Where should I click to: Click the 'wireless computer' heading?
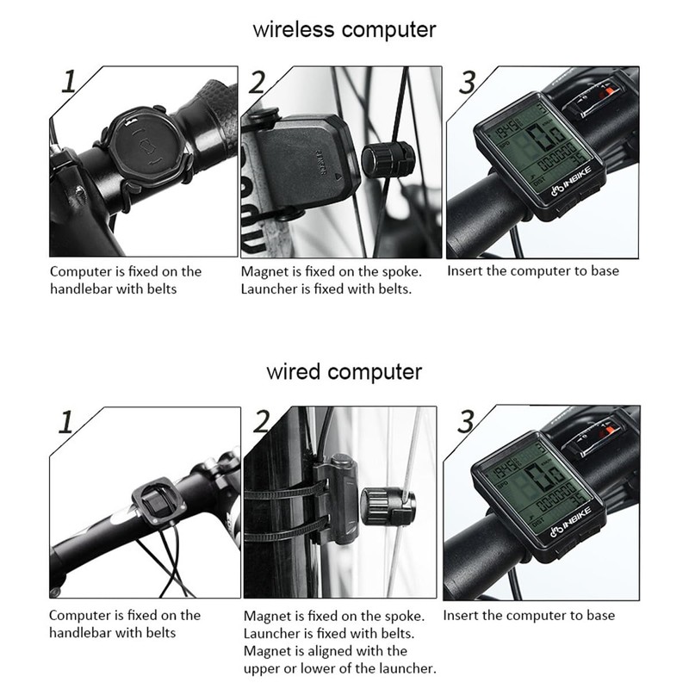click(344, 29)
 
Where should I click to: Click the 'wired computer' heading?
click(344, 372)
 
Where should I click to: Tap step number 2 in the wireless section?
click(257, 84)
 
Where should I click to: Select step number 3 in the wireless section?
click(467, 83)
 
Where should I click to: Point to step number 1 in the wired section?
click(65, 423)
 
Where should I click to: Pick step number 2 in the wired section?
click(261, 421)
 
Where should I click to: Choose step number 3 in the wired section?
click(466, 422)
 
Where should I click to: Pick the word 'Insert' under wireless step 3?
click(466, 271)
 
